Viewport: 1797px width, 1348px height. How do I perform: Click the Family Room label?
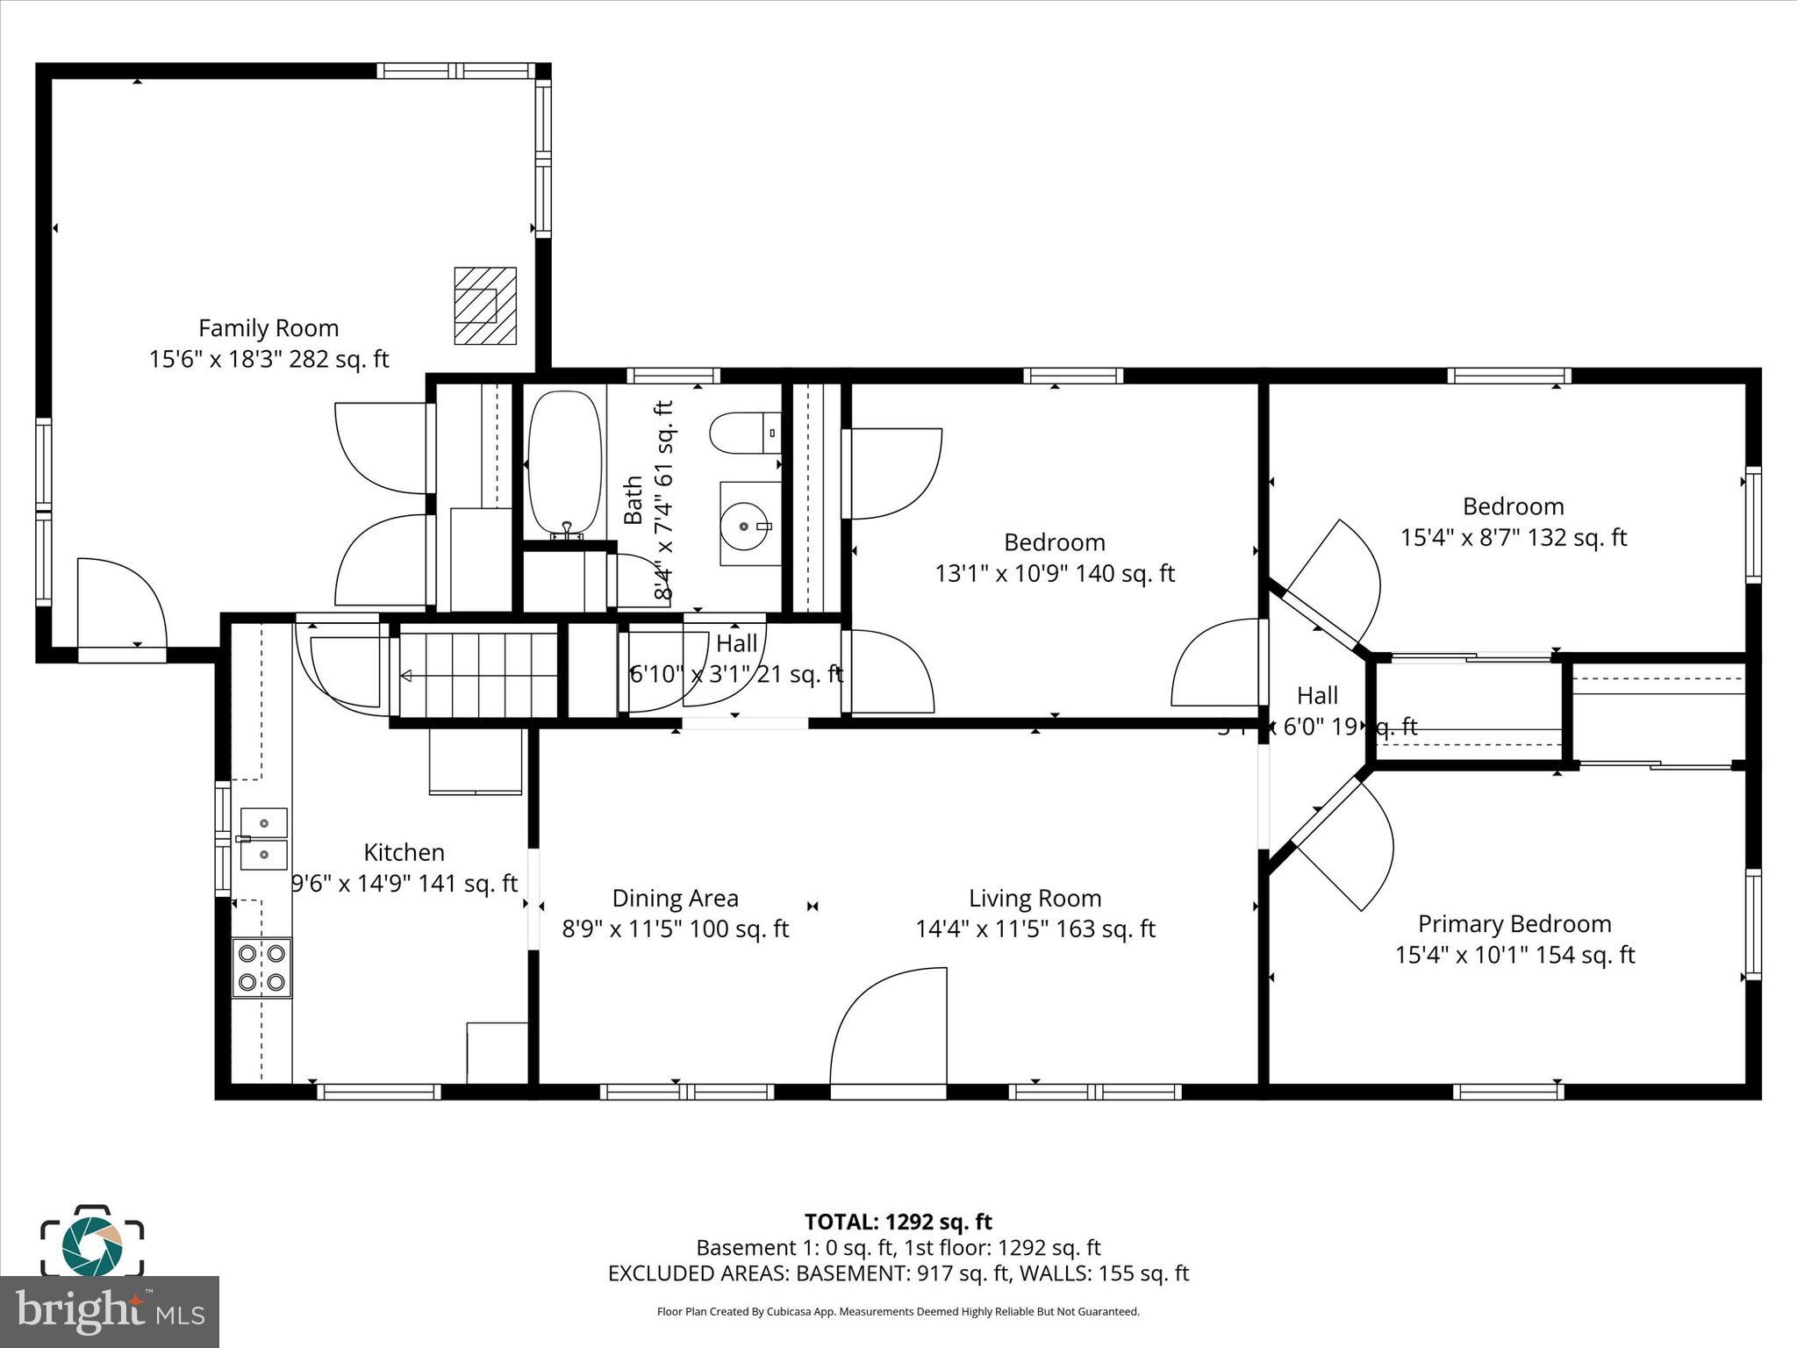click(268, 328)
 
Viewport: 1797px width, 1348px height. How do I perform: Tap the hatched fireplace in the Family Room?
click(484, 305)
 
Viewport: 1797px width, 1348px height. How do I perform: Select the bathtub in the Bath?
click(565, 462)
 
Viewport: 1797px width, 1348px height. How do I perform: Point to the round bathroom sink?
click(745, 526)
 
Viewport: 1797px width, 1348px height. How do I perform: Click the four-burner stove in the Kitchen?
click(261, 967)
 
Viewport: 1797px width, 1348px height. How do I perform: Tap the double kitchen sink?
click(262, 838)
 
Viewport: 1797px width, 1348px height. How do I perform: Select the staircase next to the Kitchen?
click(479, 674)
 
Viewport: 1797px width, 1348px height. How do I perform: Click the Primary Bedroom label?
click(1514, 923)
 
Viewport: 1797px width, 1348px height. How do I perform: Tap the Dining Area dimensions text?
click(675, 929)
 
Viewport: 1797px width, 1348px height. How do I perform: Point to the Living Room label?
click(1035, 898)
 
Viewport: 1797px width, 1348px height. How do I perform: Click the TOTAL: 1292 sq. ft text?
click(898, 1222)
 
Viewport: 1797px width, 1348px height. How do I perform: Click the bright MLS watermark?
click(110, 1311)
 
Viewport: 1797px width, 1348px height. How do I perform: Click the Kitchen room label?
click(404, 852)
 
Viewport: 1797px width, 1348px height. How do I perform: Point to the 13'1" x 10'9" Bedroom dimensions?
click(1054, 573)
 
